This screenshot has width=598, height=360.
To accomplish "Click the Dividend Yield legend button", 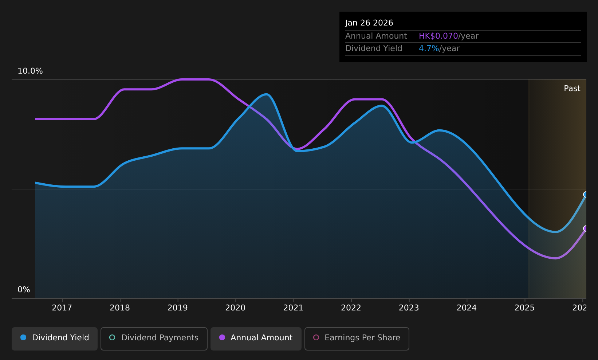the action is coord(55,339).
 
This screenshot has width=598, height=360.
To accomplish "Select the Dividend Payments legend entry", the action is coord(154,339).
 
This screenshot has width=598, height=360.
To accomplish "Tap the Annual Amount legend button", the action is coord(256,339).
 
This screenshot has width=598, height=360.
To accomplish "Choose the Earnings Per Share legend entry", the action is coord(357,339).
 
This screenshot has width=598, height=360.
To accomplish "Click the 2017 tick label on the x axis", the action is coord(62,308).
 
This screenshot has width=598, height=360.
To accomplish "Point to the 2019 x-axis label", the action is coord(177,308).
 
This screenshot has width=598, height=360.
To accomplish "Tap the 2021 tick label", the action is coord(293,308).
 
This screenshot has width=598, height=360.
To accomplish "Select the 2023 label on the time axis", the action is coord(409,308).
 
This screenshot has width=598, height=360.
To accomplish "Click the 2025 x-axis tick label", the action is coord(524,308).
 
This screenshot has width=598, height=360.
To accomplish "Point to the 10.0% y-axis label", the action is coord(30,71).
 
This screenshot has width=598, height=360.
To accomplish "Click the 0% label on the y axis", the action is coord(24,290).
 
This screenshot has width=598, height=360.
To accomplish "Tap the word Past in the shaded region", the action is coord(572,89).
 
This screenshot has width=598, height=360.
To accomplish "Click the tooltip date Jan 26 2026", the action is coord(369,23).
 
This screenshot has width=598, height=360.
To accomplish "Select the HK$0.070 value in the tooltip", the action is coord(438,36).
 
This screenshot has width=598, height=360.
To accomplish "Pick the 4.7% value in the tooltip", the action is coord(429,48).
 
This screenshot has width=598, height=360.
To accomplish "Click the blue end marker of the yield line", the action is coord(586,195).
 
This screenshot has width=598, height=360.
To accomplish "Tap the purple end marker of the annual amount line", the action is coord(586,228).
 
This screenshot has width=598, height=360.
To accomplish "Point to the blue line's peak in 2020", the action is coord(266,94).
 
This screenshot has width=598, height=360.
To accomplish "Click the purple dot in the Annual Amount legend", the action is coord(222,337).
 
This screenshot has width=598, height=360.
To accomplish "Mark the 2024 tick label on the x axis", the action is coord(467,308).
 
